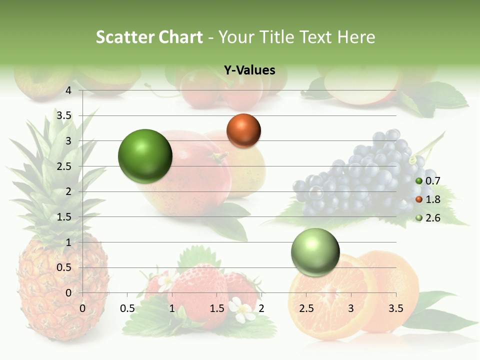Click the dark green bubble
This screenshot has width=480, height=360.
tap(145, 156)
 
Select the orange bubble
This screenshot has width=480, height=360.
tap(243, 130)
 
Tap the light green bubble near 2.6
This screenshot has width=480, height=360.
tap(315, 252)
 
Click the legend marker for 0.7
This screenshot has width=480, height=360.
tap(419, 181)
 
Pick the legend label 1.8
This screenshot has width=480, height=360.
tap(432, 199)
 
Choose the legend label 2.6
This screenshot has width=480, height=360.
tap(432, 218)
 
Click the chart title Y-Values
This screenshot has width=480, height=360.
tap(249, 70)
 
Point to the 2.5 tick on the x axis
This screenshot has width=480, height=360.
tap(306, 308)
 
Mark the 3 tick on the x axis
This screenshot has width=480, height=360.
tap(351, 308)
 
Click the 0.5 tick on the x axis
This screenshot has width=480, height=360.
tap(127, 308)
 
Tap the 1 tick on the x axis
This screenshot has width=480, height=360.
tap(172, 308)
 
